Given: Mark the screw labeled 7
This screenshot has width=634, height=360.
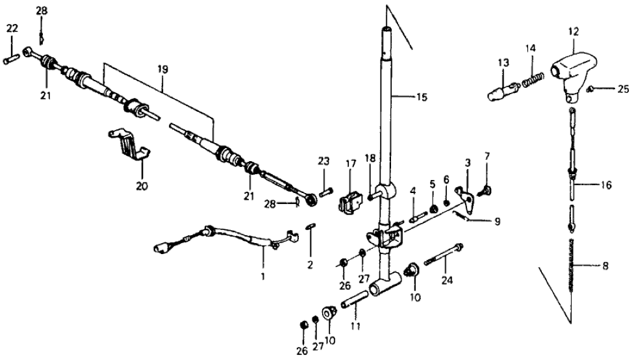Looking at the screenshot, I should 485,192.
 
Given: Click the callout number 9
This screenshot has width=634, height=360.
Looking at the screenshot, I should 497,222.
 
